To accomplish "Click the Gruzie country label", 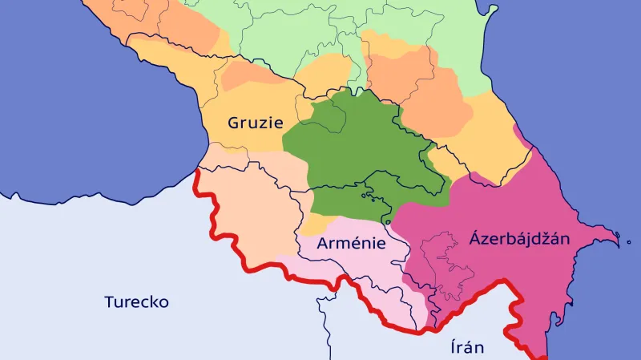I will point(255,123).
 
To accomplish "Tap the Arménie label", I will point(351,243).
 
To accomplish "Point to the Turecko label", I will point(136,302).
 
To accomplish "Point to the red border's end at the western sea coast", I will point(197,171).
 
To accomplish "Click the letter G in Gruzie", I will point(233,123).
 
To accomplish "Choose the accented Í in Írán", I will point(452,347).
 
